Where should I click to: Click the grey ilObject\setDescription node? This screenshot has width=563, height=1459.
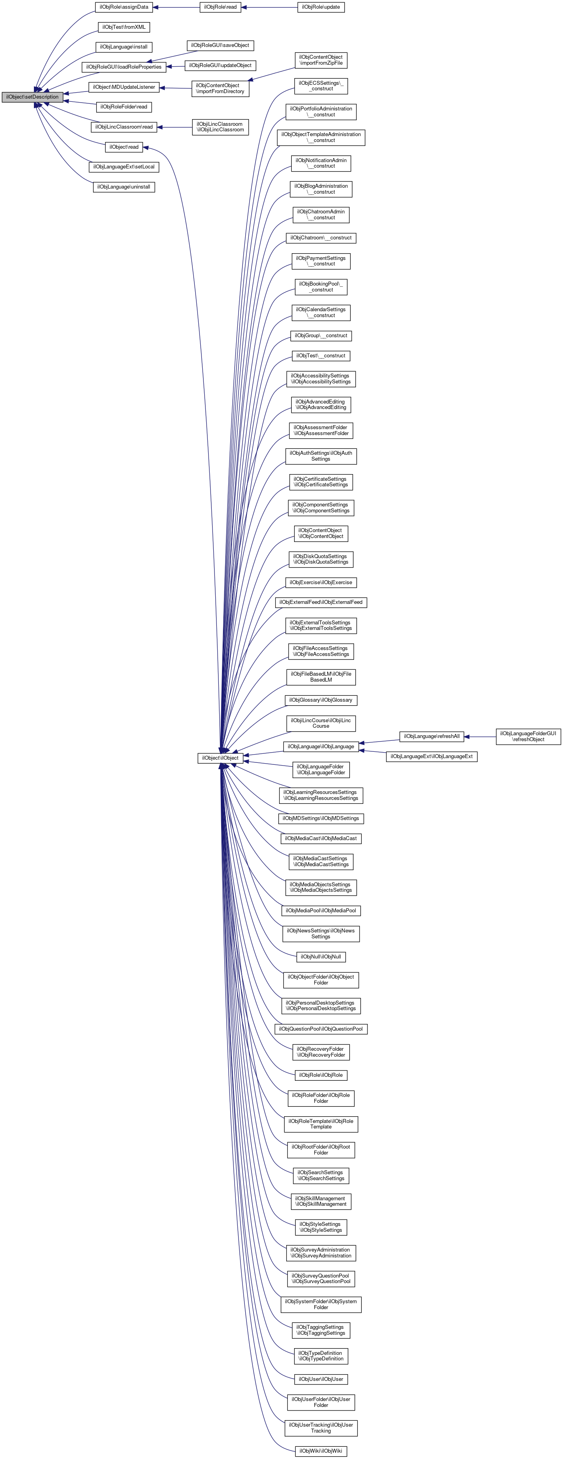32,97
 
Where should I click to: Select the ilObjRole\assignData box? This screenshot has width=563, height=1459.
123,7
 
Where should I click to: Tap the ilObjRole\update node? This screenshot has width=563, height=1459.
321,7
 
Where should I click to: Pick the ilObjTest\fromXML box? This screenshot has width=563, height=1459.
123,27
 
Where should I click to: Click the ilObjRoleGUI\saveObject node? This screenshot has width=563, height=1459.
220,45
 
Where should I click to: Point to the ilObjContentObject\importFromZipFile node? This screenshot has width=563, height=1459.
321,60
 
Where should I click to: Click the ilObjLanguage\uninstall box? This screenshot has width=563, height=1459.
123,187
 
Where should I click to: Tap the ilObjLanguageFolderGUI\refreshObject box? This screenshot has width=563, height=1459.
528,736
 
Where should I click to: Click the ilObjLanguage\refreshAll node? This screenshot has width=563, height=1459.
432,736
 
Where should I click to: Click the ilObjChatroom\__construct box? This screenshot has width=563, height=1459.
321,238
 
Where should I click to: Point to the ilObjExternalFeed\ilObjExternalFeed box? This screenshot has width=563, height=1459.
321,602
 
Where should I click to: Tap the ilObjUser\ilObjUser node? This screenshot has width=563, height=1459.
321,1379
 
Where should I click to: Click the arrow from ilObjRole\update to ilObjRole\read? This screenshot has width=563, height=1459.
269,7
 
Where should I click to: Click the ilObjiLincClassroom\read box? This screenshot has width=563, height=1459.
123,127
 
